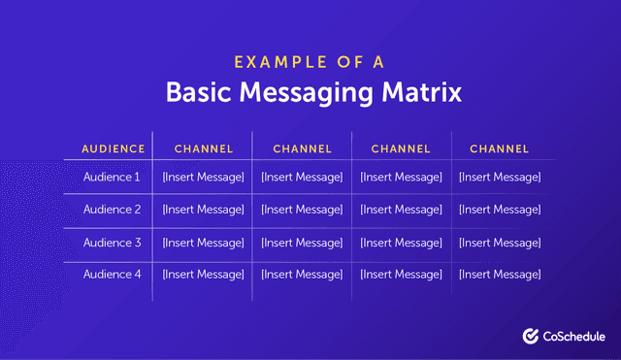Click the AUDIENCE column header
(113, 149)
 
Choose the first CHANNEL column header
(204, 149)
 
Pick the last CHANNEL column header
(500, 149)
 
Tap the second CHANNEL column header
(302, 149)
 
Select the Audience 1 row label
(113, 178)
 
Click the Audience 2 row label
(113, 210)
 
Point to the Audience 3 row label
(113, 243)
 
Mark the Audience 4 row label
(113, 275)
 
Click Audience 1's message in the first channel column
(204, 178)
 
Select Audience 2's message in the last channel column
(500, 210)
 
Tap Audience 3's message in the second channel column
(302, 243)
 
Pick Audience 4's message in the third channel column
(401, 275)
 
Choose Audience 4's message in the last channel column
(500, 275)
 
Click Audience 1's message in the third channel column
(401, 178)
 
